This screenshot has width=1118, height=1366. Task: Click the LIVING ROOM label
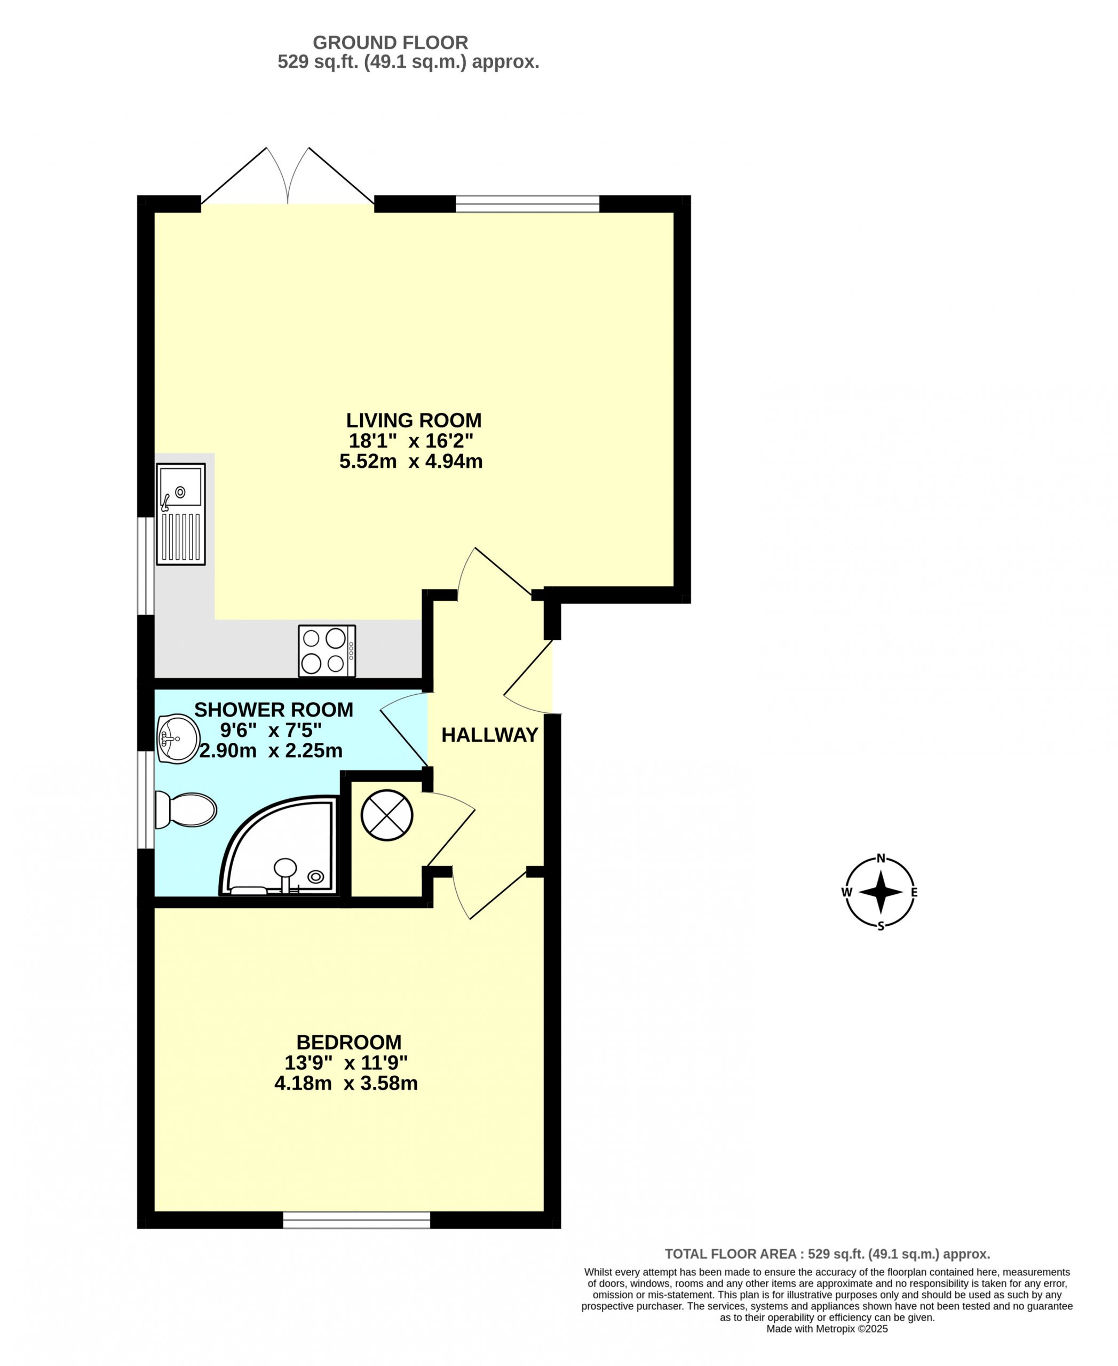pyautogui.click(x=414, y=420)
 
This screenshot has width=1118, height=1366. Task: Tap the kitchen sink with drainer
pyautogui.click(x=181, y=514)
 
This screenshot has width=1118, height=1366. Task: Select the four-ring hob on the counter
pyautogui.click(x=327, y=651)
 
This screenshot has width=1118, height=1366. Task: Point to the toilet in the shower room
pyautogui.click(x=186, y=809)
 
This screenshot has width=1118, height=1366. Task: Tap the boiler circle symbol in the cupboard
pyautogui.click(x=386, y=815)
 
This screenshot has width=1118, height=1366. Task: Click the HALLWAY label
pyautogui.click(x=489, y=735)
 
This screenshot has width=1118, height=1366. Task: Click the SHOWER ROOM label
pyautogui.click(x=274, y=710)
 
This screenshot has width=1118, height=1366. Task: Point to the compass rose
pyautogui.click(x=881, y=892)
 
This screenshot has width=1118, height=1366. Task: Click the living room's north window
pyautogui.click(x=527, y=203)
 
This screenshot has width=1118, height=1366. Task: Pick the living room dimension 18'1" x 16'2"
pyautogui.click(x=411, y=441)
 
